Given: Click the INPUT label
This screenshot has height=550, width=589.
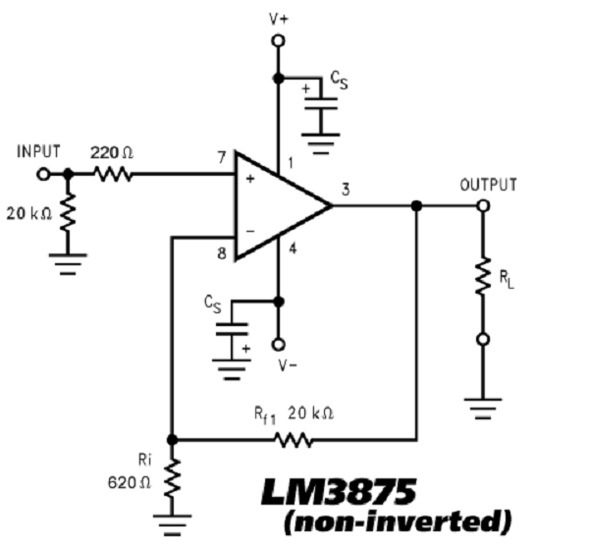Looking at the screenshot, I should (37, 152).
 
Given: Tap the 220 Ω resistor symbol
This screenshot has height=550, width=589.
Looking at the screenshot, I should (113, 175).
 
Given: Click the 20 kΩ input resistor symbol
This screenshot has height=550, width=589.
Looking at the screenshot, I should (67, 214).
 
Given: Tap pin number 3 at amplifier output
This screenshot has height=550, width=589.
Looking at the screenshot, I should (346, 190).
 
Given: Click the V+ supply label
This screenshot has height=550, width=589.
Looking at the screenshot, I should (278, 17).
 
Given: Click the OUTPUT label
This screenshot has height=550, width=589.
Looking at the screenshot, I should (489, 184).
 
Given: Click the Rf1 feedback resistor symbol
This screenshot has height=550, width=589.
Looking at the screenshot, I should (294, 439).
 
